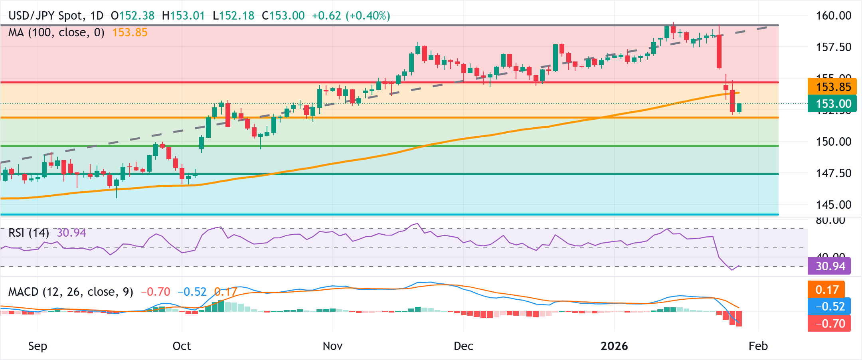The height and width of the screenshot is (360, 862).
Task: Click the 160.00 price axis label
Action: (x=833, y=16)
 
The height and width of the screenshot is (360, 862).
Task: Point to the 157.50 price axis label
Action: (x=833, y=47)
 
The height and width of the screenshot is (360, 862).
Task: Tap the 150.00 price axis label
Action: (x=833, y=142)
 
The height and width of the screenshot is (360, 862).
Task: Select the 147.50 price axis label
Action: (x=833, y=173)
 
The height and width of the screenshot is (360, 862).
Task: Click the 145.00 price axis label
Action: (x=833, y=205)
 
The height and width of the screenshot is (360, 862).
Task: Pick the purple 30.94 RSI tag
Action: (x=829, y=266)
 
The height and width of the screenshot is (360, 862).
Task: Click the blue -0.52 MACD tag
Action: (x=829, y=307)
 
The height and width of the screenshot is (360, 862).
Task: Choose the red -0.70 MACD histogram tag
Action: (x=829, y=323)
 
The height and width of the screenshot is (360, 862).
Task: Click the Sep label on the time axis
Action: (x=38, y=346)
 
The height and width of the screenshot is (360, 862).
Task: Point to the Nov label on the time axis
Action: (x=332, y=346)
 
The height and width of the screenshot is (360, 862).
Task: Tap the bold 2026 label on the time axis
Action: (x=614, y=346)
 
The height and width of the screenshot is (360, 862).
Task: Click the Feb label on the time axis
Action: (x=758, y=346)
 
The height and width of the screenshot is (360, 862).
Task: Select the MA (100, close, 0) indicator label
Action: (x=56, y=32)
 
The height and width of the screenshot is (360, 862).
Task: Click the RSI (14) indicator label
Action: (x=28, y=233)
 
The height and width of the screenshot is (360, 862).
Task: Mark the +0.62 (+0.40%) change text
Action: (x=351, y=16)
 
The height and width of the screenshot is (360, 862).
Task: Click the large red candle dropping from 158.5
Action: (x=719, y=52)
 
